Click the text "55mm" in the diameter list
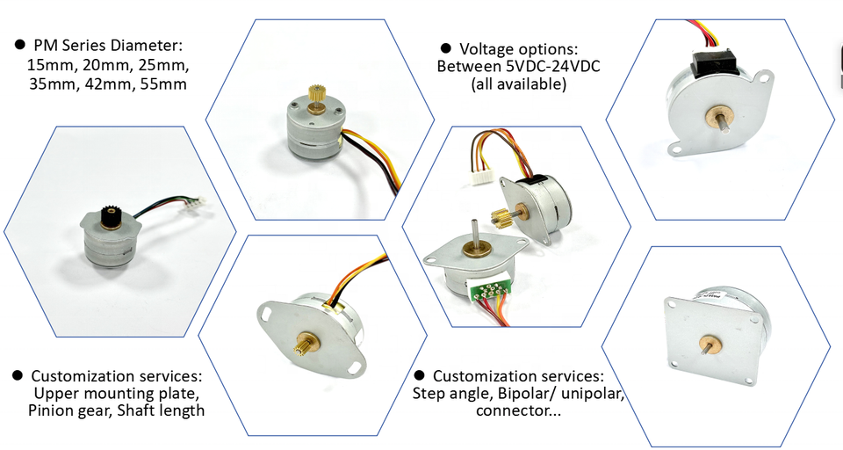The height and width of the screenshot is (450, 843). pyautogui.click(x=165, y=84)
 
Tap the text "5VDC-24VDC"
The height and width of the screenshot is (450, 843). pyautogui.click(x=544, y=66)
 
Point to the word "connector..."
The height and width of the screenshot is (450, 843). pyautogui.click(x=518, y=410)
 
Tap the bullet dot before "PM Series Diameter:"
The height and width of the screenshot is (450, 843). pyautogui.click(x=18, y=44)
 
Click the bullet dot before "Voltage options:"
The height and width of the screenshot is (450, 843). pyautogui.click(x=445, y=47)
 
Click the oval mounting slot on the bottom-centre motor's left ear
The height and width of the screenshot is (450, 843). pyautogui.click(x=267, y=311)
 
